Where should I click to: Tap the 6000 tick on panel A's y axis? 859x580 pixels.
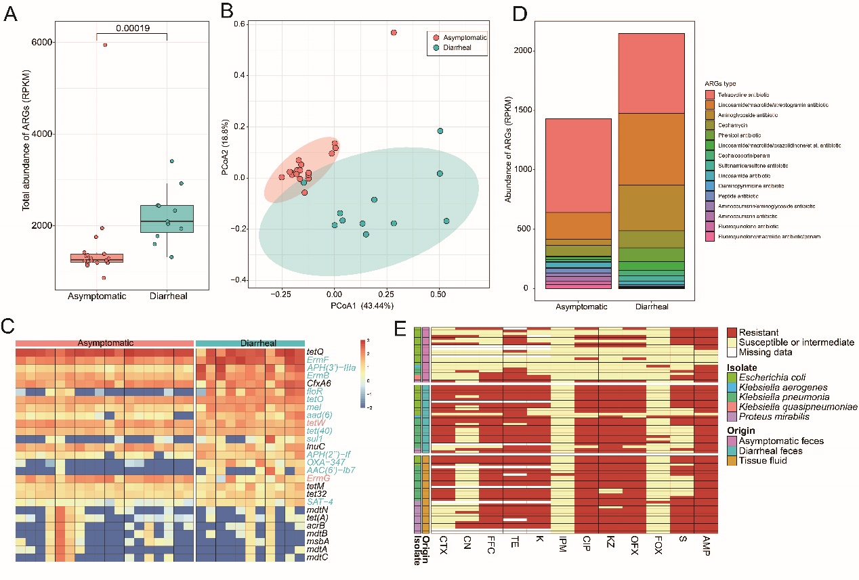(x=46, y=42)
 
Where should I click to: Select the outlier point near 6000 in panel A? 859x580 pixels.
(x=105, y=45)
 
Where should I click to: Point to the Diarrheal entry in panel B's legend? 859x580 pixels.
(x=463, y=50)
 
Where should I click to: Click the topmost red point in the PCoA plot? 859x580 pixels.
(x=393, y=32)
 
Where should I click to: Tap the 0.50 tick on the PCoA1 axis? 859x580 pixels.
(x=439, y=295)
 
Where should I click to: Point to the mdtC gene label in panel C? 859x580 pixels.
(x=316, y=559)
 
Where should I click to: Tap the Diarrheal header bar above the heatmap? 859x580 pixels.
(x=249, y=344)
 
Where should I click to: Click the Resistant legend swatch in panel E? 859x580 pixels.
(x=734, y=332)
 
